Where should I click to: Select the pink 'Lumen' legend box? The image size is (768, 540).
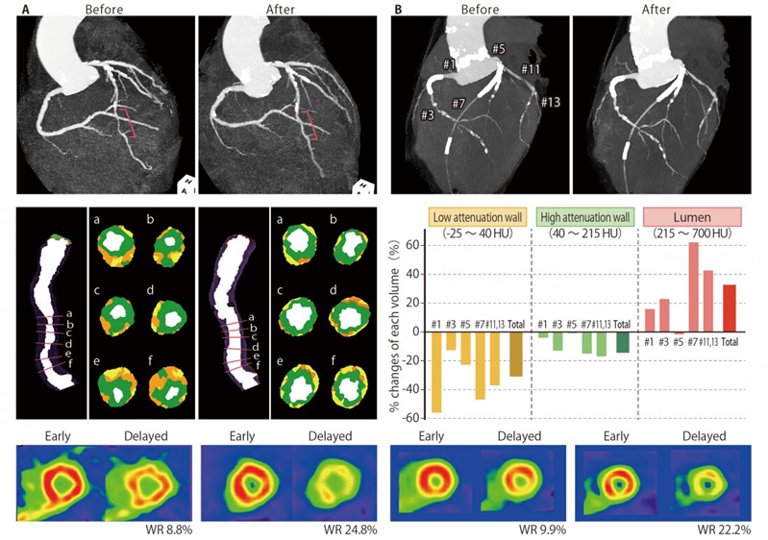pyautogui.click(x=693, y=215)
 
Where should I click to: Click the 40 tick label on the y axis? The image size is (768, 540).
pyautogui.click(x=413, y=274)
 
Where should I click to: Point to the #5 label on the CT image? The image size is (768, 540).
pyautogui.click(x=497, y=48)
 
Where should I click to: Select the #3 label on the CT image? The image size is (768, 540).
pyautogui.click(x=430, y=114)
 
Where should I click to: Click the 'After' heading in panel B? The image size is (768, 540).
pyautogui.click(x=663, y=12)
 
